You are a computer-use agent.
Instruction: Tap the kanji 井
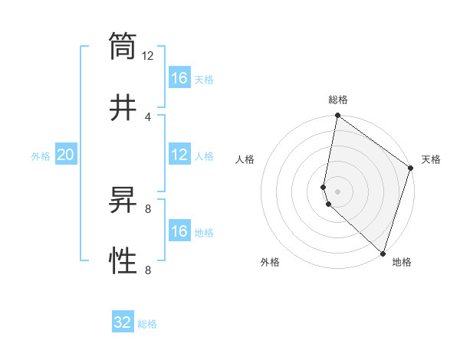123,107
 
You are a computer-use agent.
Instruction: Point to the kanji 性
123,261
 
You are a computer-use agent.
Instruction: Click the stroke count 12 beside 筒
148,56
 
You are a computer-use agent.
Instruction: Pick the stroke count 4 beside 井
148,116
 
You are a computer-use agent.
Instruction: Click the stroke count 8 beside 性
148,270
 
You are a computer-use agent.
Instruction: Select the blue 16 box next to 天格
179,78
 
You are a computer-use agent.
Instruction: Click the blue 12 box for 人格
179,155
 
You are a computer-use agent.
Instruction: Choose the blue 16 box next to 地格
179,231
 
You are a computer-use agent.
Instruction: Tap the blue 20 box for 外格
66,155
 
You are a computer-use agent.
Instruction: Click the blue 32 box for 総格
123,322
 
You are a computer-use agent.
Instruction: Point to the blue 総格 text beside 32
147,324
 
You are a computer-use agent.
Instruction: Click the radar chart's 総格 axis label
337,100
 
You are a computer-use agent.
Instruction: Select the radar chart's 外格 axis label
270,262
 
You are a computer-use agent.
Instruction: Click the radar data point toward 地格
383,254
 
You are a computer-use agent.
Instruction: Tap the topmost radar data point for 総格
337,116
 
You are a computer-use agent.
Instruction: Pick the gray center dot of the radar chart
337,191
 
